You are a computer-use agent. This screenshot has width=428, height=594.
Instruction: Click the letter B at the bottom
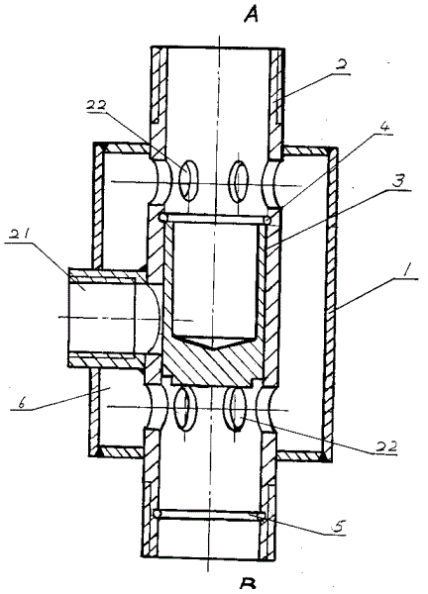tap(248, 585)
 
